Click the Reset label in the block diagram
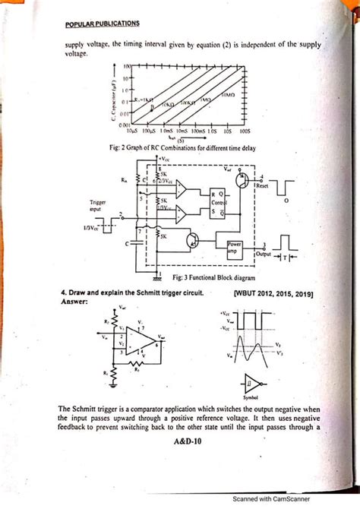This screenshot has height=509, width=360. (264, 185)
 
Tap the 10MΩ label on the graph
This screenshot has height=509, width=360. (229, 96)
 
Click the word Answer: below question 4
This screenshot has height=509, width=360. (74, 301)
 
